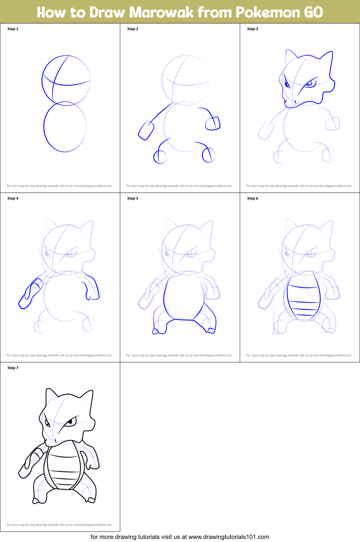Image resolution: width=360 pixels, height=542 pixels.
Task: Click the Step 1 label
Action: pos(13,29)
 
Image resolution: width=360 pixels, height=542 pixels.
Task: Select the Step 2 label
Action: pos(133,29)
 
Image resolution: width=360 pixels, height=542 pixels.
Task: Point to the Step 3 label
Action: pos(253,29)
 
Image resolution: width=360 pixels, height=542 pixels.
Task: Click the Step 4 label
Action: pos(13,198)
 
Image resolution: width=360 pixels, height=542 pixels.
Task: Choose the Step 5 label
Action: pos(133,198)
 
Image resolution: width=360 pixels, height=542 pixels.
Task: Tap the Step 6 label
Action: pos(253,198)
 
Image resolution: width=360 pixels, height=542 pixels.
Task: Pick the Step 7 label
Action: pos(13,368)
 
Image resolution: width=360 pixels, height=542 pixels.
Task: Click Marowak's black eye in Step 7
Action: pos(71,422)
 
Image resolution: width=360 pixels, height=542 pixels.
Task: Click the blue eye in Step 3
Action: pos(310,83)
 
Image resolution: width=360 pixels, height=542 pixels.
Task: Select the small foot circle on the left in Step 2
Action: pos(160,157)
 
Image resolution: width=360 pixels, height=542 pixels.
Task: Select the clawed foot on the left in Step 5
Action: pos(158,330)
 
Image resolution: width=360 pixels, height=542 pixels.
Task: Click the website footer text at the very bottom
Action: pos(180,537)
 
